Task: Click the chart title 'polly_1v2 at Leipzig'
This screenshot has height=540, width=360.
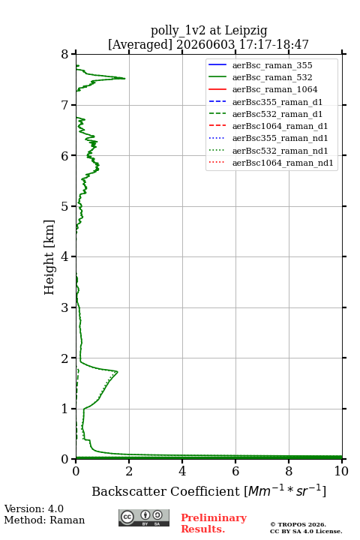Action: tap(208, 31)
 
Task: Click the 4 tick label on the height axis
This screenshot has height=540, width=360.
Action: tap(65, 256)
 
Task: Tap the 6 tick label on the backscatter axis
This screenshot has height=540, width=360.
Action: tap(235, 471)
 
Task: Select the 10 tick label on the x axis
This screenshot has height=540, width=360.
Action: tap(341, 471)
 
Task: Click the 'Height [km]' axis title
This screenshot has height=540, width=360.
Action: tap(49, 257)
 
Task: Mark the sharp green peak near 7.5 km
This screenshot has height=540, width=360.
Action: tap(124, 79)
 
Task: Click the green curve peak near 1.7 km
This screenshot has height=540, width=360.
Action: tap(118, 372)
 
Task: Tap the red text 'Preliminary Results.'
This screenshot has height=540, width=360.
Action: tap(214, 523)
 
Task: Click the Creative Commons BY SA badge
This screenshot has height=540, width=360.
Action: tap(144, 518)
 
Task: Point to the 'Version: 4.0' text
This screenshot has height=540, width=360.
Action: tap(34, 508)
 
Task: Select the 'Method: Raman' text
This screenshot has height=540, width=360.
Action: tap(44, 520)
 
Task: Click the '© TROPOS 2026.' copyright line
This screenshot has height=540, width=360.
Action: tap(298, 524)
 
